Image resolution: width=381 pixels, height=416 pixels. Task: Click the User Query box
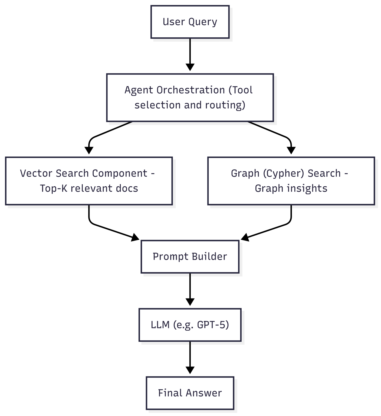(190, 22)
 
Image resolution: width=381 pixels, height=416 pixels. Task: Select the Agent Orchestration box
(190, 97)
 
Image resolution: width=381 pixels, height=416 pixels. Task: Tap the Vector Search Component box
(89, 181)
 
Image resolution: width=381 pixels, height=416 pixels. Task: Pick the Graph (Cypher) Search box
(291, 181)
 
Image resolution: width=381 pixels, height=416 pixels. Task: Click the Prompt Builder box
(190, 256)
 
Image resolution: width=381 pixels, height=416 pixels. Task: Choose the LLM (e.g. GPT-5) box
(190, 325)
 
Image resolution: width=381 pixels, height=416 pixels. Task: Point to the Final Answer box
(190, 393)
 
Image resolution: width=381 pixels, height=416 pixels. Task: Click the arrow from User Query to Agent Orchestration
(190, 54)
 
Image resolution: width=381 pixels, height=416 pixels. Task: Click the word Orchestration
(190, 90)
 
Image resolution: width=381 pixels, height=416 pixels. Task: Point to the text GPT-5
(213, 325)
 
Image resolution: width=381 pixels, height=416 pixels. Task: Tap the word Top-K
(54, 188)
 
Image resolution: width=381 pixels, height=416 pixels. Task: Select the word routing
(225, 105)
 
